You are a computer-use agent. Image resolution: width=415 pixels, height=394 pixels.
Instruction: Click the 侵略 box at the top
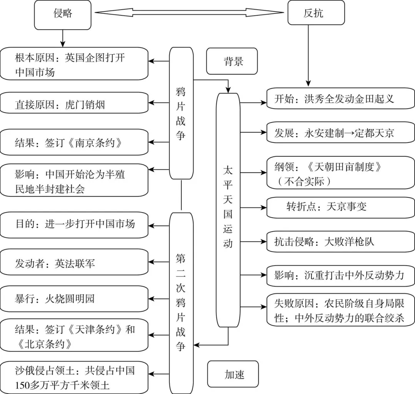pos(63,15)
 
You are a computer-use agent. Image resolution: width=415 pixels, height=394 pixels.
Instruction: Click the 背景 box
pos(232,61)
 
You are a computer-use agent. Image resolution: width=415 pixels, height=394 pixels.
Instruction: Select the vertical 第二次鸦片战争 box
pos(181,302)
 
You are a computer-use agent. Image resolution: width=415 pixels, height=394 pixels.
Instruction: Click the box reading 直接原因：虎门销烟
pos(74,104)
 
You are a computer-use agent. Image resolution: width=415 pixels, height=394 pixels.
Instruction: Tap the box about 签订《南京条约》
pos(74,142)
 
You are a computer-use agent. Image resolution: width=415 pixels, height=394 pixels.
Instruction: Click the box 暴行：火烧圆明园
pos(74,299)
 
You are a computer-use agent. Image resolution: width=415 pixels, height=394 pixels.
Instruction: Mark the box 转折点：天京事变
pos(340,207)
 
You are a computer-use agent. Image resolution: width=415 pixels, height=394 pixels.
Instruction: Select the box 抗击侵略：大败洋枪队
pos(340,242)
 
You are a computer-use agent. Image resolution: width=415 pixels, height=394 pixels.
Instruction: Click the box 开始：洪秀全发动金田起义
pos(340,99)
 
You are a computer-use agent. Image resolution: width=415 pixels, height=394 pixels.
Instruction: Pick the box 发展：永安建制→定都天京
pos(340,133)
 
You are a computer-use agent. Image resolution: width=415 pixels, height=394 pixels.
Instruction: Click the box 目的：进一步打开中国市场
pos(74,224)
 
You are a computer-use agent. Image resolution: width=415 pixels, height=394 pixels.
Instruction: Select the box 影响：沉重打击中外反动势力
pos(340,276)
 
